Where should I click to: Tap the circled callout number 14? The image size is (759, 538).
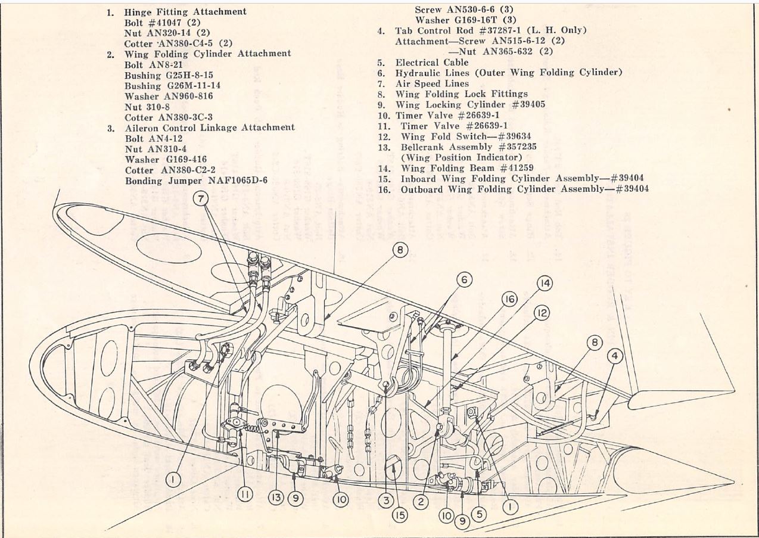click(x=544, y=284)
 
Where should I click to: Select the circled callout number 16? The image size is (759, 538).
click(x=509, y=299)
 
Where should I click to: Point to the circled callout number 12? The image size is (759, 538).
click(x=542, y=313)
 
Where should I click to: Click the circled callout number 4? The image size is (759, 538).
click(x=616, y=357)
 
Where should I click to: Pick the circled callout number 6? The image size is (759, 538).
click(x=465, y=278)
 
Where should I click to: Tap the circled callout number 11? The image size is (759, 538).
click(x=245, y=493)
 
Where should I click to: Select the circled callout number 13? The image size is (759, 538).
click(x=275, y=497)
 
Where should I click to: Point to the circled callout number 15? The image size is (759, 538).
click(x=401, y=514)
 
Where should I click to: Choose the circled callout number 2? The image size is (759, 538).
click(x=421, y=502)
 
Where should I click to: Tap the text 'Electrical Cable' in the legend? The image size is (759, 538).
click(x=431, y=62)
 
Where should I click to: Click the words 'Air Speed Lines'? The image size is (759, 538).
click(x=431, y=83)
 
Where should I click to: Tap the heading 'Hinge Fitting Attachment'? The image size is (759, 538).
click(x=185, y=12)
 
